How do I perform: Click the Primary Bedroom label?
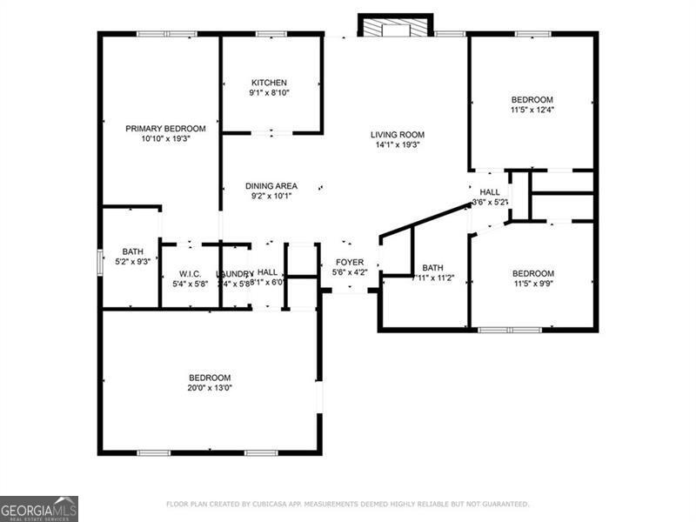(165, 128)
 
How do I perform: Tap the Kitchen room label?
(269, 83)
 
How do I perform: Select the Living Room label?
(397, 134)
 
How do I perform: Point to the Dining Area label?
(271, 185)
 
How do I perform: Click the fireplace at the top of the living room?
(396, 28)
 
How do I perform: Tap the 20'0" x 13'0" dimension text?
(210, 388)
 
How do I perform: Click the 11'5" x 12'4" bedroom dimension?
(532, 110)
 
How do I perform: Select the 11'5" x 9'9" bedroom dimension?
(532, 284)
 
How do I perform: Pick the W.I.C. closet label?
(190, 273)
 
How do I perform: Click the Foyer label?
(350, 262)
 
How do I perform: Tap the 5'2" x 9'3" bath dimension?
(133, 262)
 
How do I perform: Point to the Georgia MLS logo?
(39, 508)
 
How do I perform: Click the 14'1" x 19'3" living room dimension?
(397, 145)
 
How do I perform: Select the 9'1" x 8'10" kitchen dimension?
(269, 93)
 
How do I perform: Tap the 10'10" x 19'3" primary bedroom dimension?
(165, 138)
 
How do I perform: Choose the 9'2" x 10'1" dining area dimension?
(271, 197)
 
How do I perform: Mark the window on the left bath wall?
(98, 261)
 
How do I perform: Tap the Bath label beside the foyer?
(432, 267)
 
